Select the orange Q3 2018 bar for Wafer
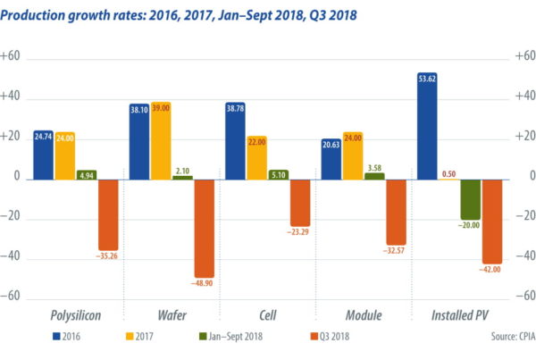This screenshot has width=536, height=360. click(205, 228)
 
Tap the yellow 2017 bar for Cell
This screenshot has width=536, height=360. click(257, 159)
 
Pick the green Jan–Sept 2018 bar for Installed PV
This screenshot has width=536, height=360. click(470, 198)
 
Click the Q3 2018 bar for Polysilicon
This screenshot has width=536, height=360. click(109, 214)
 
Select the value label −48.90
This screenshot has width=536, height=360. click(204, 283)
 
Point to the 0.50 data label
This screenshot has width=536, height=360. click(448, 173)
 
